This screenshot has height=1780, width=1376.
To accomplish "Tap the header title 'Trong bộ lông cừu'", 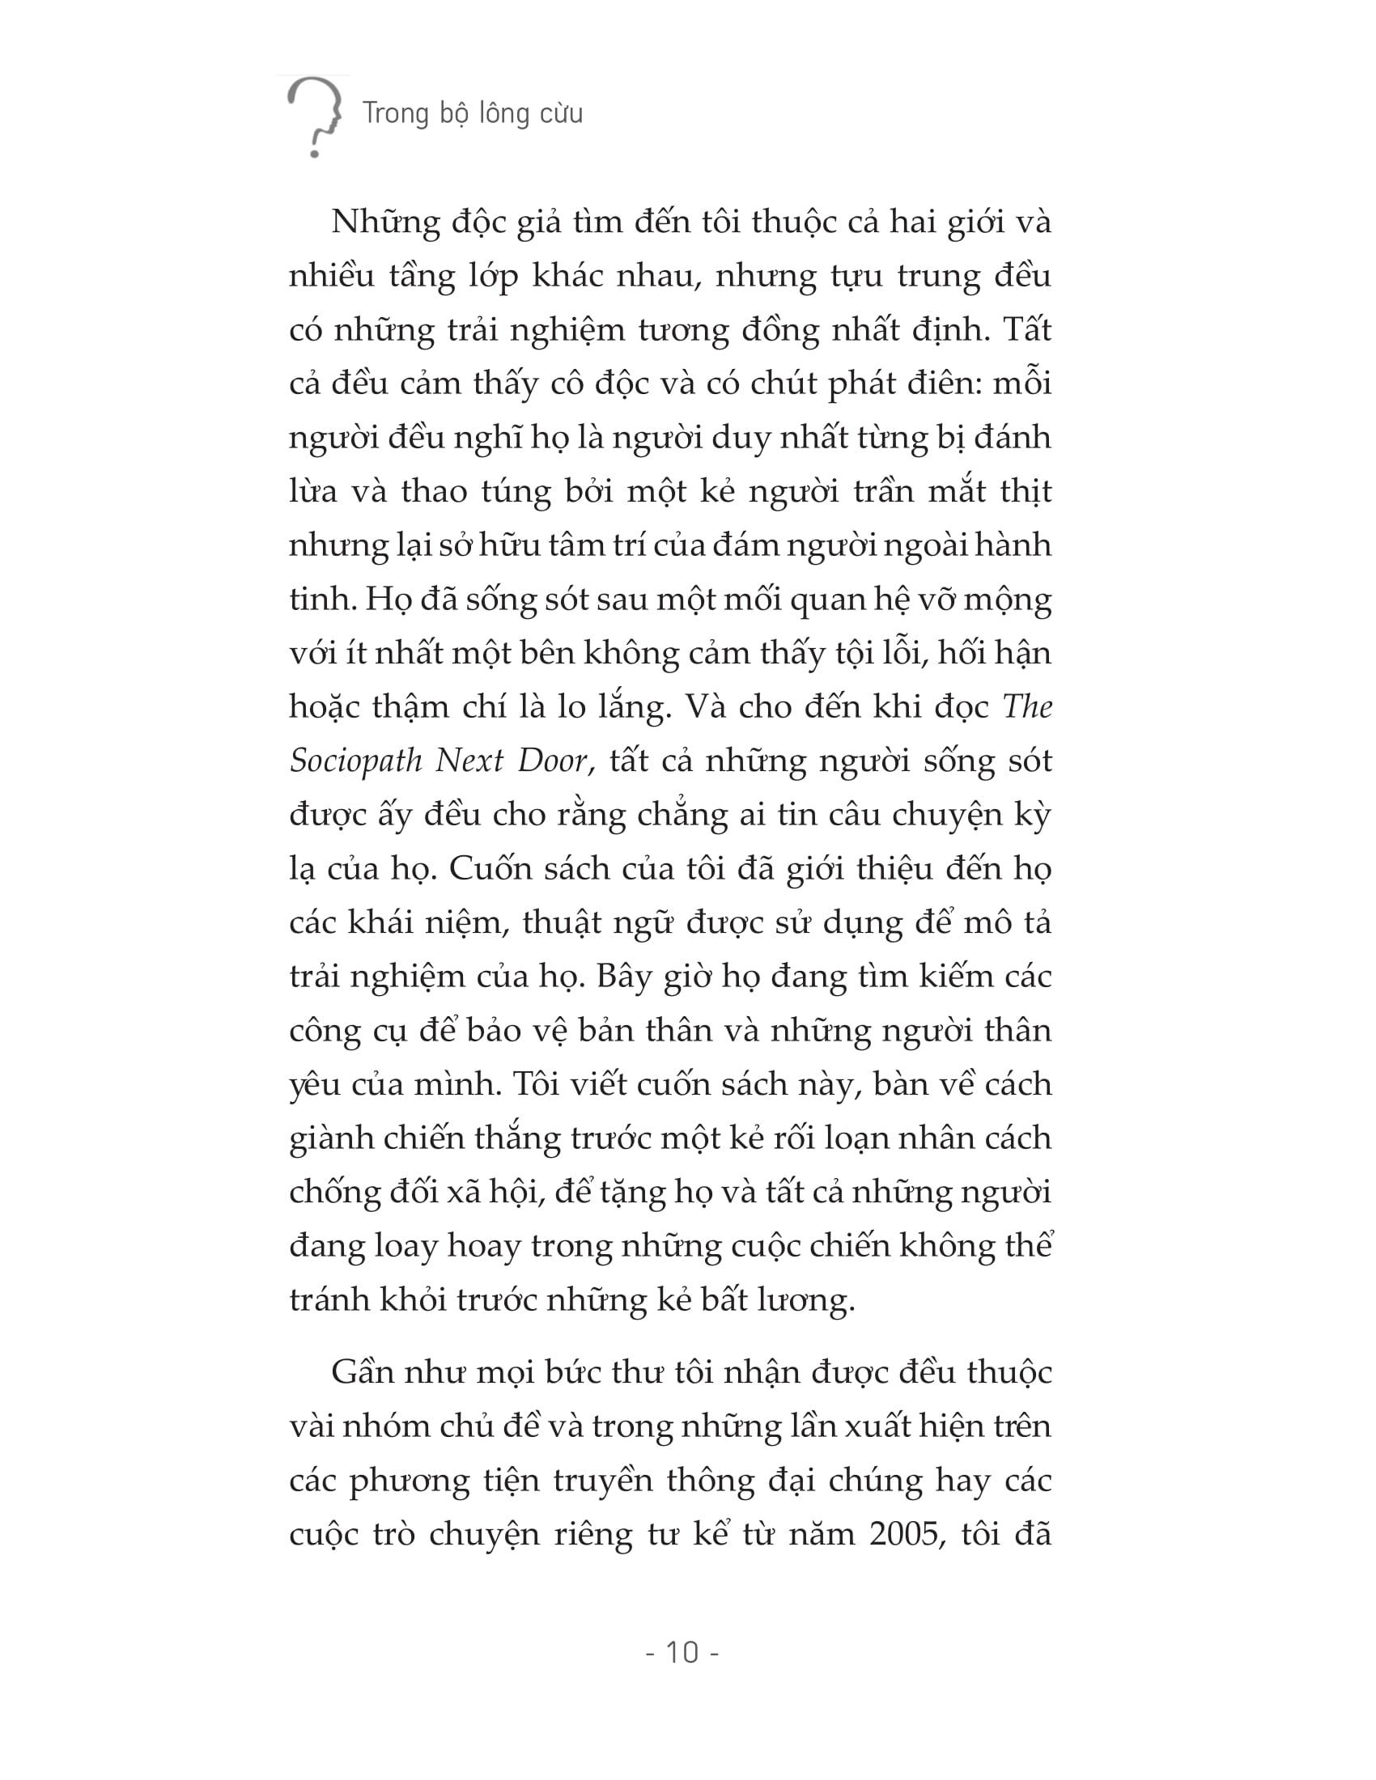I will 473,113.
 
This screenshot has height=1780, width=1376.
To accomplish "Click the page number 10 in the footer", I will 683,1652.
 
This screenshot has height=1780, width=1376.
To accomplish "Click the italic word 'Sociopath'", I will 355,761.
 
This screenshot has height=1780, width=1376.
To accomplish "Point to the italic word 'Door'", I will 556,761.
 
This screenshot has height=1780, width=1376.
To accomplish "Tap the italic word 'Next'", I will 468,761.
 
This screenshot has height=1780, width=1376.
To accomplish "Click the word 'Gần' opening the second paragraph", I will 363,1372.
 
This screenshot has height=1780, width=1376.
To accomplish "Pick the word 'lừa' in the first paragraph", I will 313,491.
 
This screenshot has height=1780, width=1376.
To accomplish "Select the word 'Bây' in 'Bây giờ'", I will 622,977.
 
